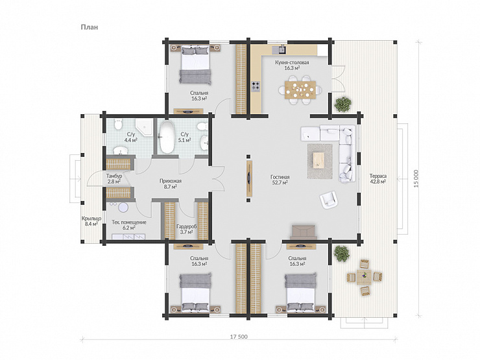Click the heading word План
(90, 27)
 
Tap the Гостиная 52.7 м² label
(280, 180)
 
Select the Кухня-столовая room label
(292, 62)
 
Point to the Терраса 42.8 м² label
(378, 179)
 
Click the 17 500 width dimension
(239, 337)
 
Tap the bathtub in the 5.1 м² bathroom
(167, 138)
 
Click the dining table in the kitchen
(300, 90)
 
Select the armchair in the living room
(329, 200)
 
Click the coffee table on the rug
(318, 160)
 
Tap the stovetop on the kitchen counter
(256, 87)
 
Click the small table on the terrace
(364, 278)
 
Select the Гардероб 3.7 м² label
(186, 229)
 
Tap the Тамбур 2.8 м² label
(114, 179)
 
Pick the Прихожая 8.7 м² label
(171, 184)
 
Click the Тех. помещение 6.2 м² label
(129, 225)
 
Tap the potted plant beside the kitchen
(343, 104)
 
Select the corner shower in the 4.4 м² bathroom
(145, 127)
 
